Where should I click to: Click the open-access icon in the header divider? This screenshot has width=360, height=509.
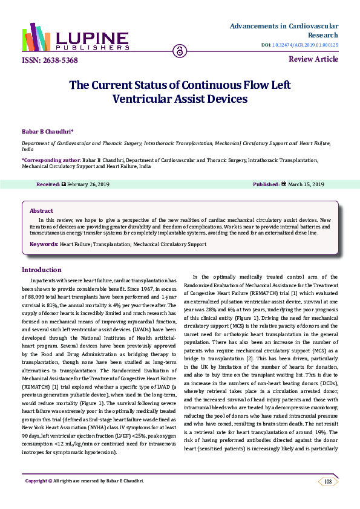tap(180, 50)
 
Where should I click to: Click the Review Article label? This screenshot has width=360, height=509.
tap(314, 59)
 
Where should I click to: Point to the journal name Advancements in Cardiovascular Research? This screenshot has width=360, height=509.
tap(293, 31)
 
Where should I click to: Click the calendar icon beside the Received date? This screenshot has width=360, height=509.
tap(64, 184)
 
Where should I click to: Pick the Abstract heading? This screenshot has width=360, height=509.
tap(42, 210)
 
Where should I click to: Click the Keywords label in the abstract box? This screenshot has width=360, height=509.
tap(44, 244)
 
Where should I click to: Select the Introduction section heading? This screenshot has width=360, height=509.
tap(44, 270)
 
